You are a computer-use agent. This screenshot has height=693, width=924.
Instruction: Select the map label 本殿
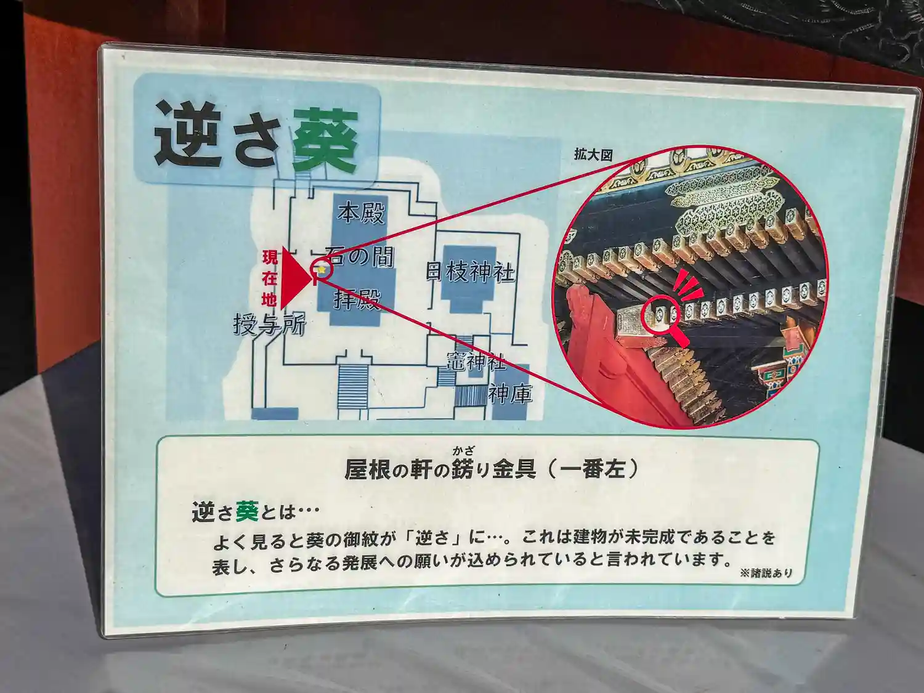point(361,213)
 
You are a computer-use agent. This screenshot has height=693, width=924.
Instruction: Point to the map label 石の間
point(359,257)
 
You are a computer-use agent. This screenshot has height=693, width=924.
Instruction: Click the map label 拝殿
point(357,299)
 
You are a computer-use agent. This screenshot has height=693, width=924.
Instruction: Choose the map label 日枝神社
point(470,272)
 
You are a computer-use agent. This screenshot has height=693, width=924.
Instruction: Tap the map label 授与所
point(269,325)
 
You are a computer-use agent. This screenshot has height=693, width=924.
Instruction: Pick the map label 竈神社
point(476,360)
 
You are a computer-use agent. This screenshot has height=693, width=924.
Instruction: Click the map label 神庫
point(510,394)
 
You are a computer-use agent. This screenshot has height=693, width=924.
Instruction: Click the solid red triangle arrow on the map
point(296,278)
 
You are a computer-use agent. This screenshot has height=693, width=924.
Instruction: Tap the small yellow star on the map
point(322,270)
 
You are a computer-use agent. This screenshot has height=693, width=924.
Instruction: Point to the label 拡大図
point(593,155)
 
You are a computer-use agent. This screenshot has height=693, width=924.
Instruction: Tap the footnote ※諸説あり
point(766,573)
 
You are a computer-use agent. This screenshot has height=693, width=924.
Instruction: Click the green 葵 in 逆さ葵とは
point(246,512)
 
